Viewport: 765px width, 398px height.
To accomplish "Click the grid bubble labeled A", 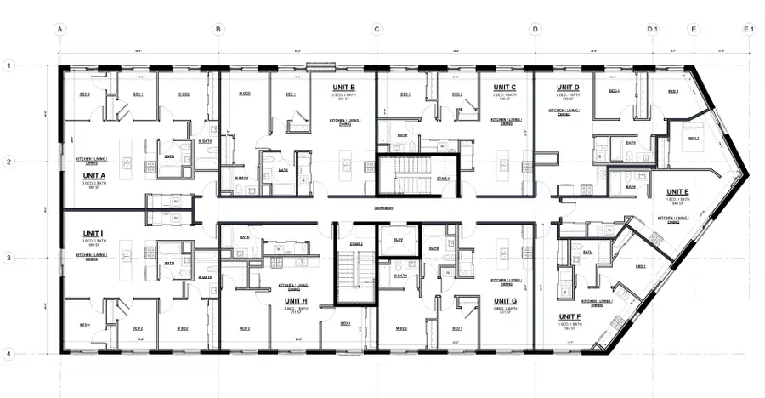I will (x=60, y=29).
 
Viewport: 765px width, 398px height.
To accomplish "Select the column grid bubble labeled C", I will (x=377, y=29).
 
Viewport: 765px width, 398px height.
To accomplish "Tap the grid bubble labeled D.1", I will (x=653, y=29).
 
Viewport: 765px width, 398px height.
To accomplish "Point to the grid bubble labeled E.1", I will (x=749, y=29).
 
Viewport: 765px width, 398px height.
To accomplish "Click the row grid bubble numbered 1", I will (x=9, y=65).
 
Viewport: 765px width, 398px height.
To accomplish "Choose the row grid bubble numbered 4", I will (x=9, y=354).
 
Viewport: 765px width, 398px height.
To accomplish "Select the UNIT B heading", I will (x=340, y=88).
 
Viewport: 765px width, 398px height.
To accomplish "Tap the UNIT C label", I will (x=505, y=88).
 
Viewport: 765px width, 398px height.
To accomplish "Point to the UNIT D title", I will (x=568, y=88).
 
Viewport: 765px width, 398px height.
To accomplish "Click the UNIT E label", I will (x=677, y=192).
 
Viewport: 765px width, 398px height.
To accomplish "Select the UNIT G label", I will (x=505, y=301).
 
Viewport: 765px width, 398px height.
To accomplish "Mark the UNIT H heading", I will (x=296, y=301).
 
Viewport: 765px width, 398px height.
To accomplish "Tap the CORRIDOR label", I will (x=385, y=208).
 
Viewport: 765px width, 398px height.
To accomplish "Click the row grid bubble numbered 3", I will (x=9, y=258).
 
